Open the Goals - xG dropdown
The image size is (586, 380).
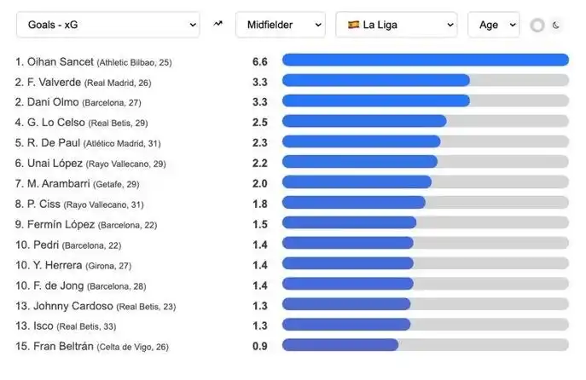point(107,25)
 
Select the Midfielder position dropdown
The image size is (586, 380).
point(280,25)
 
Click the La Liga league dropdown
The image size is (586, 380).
point(397,25)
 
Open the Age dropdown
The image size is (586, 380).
point(493,25)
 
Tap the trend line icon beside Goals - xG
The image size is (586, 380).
point(218,25)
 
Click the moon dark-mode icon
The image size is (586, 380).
point(556,26)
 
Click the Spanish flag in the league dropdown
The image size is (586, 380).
point(352,26)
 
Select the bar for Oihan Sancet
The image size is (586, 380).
point(425,60)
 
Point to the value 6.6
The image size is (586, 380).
point(260,62)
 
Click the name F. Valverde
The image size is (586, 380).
point(49,82)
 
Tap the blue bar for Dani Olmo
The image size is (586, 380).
point(375,101)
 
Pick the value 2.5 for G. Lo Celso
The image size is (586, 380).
point(260,122)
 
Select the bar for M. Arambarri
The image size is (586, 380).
point(357,181)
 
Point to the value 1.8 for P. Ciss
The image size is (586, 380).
point(260,204)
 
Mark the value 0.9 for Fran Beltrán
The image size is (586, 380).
point(260,346)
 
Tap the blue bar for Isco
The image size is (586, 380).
point(345,325)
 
